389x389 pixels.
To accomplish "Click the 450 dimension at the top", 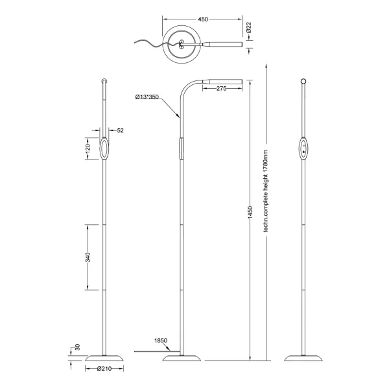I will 202,19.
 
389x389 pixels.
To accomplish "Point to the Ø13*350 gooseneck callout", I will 147,97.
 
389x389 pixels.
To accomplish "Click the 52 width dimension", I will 120,130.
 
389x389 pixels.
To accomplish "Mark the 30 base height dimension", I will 77,348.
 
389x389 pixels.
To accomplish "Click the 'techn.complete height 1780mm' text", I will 265,191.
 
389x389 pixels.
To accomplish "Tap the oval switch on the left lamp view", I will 104,148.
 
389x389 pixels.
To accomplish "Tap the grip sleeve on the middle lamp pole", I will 182,148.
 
